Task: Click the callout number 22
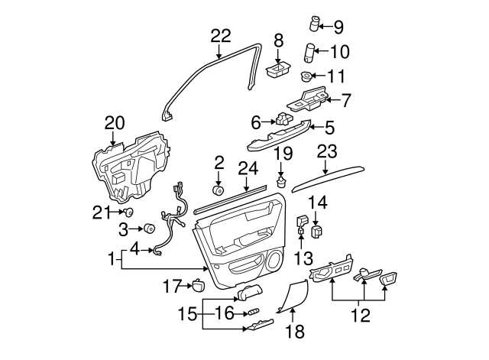point(220,35)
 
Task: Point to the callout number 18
point(294,331)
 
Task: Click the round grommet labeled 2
point(218,191)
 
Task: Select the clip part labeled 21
point(129,212)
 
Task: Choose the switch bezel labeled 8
point(276,70)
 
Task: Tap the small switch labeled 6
point(283,119)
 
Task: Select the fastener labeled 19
point(282,183)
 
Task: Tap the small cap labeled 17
point(198,286)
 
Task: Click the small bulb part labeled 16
point(251,312)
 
